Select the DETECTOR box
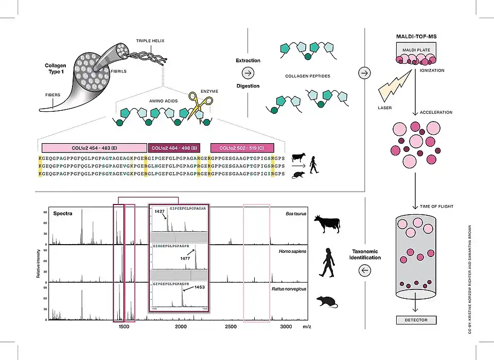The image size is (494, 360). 416,320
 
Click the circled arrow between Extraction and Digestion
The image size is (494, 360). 248,73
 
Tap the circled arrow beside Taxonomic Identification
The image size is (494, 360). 365,270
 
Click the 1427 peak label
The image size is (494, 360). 160,211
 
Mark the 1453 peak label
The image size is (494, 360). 199,287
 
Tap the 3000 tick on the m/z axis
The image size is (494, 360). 286,327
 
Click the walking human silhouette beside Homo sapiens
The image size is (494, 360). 327,263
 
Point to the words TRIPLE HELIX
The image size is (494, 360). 150,41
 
